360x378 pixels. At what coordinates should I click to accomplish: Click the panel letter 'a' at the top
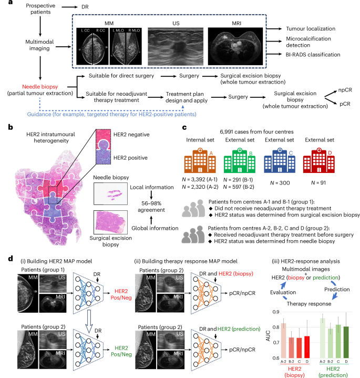[5, 5]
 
